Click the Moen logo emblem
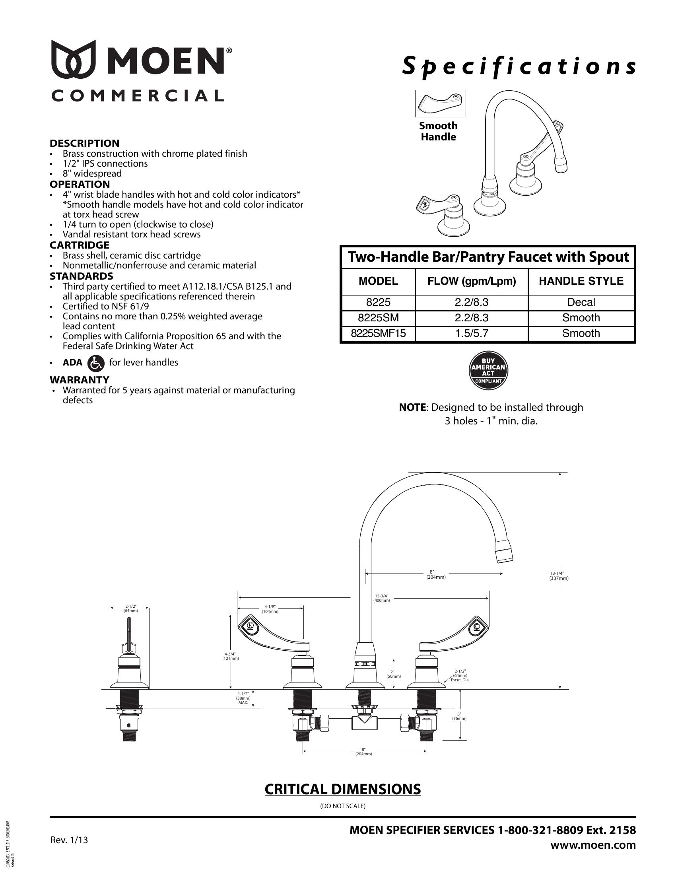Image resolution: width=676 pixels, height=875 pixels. pyautogui.click(x=73, y=59)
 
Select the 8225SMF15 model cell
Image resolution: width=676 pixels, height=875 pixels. pyautogui.click(x=378, y=333)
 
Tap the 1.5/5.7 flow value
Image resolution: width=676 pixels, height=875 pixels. pyautogui.click(x=471, y=333)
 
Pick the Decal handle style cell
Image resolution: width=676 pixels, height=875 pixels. pyautogui.click(x=581, y=302)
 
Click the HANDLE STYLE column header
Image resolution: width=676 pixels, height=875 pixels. pyautogui.click(x=581, y=281)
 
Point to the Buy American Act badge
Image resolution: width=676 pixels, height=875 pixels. pyautogui.click(x=488, y=371)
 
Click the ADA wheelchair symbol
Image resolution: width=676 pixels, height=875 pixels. pyautogui.click(x=95, y=363)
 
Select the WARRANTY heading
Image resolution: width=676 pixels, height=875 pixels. pyautogui.click(x=79, y=379)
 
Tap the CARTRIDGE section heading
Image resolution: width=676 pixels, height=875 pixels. pyautogui.click(x=79, y=245)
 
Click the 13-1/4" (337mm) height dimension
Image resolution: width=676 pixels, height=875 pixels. pyautogui.click(x=559, y=576)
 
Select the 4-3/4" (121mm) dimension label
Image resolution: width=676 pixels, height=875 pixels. pyautogui.click(x=230, y=656)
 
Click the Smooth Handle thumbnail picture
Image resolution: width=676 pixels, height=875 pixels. pyautogui.click(x=440, y=103)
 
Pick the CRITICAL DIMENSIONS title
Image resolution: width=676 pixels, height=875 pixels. pyautogui.click(x=342, y=789)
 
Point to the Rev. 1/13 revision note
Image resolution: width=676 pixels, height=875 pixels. pyautogui.click(x=69, y=840)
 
